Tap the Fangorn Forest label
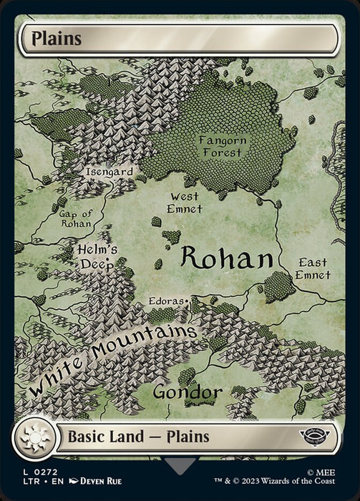pos(223,147)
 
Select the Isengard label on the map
pos(109,172)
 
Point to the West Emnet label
pos(185,202)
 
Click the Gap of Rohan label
pos(75,217)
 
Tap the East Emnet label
pos(313,268)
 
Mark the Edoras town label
pos(165,301)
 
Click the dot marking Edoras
pos(187,301)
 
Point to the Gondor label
pos(187,392)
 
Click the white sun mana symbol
pos(34,437)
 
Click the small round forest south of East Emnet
pos(278,286)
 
